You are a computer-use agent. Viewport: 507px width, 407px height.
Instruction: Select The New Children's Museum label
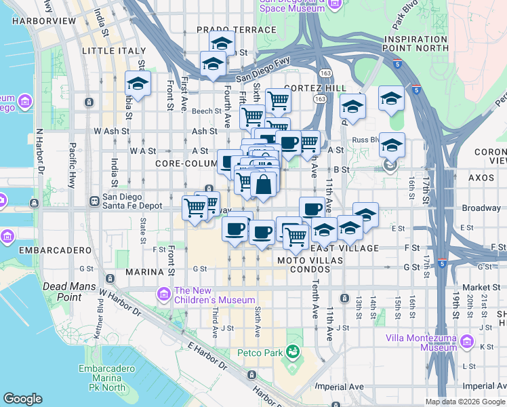(x=214, y=294)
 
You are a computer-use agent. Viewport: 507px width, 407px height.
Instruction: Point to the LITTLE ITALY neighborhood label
(x=113, y=51)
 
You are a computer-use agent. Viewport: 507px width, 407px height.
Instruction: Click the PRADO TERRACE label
(x=237, y=30)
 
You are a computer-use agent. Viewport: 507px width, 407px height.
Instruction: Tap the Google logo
(x=22, y=399)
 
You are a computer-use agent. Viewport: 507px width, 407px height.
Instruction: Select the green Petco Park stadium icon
(x=293, y=351)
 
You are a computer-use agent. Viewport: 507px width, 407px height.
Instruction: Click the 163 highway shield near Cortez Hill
(x=317, y=99)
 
